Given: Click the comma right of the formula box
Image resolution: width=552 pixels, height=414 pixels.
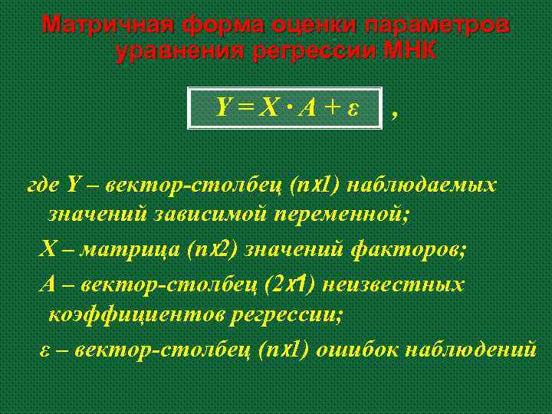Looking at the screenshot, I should coord(394,114).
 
